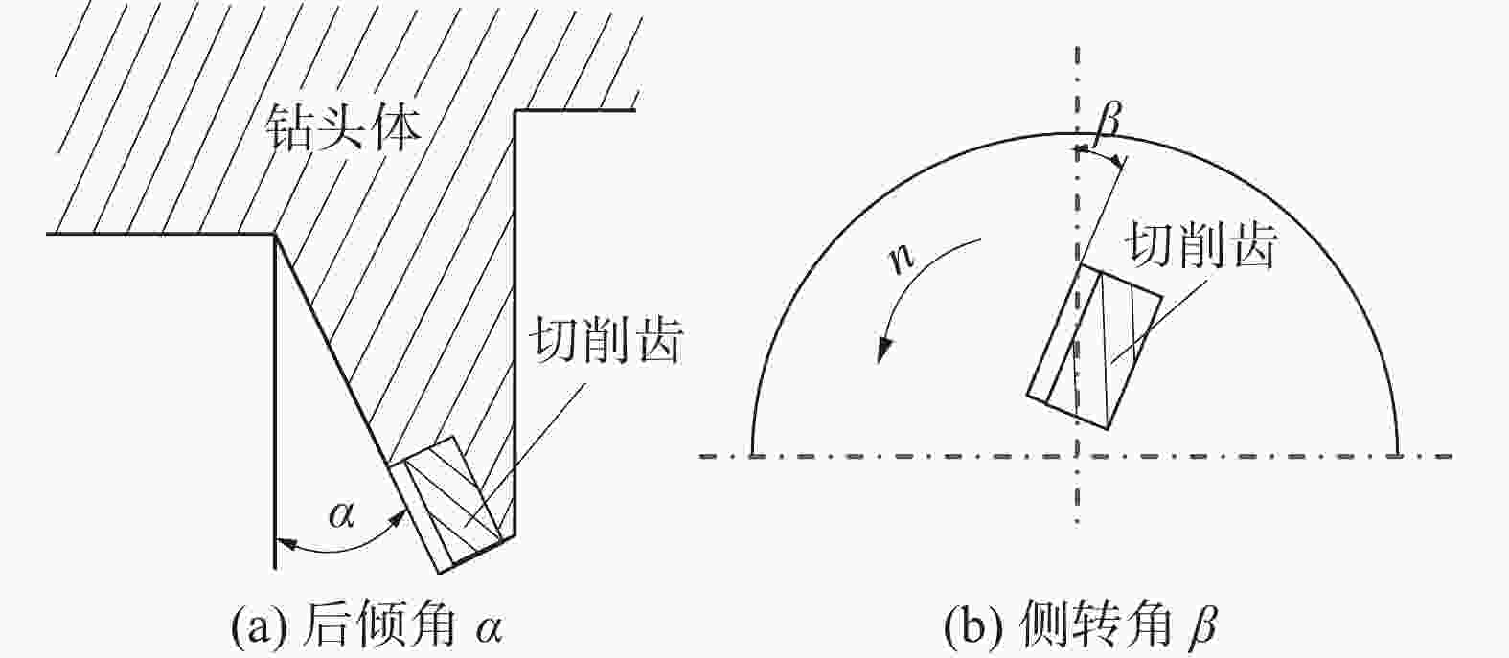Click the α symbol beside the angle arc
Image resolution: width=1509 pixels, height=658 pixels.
341,515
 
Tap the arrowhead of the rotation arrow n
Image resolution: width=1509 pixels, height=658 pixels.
883,352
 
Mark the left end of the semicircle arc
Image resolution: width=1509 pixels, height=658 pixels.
754,454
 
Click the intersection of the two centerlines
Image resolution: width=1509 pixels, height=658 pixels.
1078,455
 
